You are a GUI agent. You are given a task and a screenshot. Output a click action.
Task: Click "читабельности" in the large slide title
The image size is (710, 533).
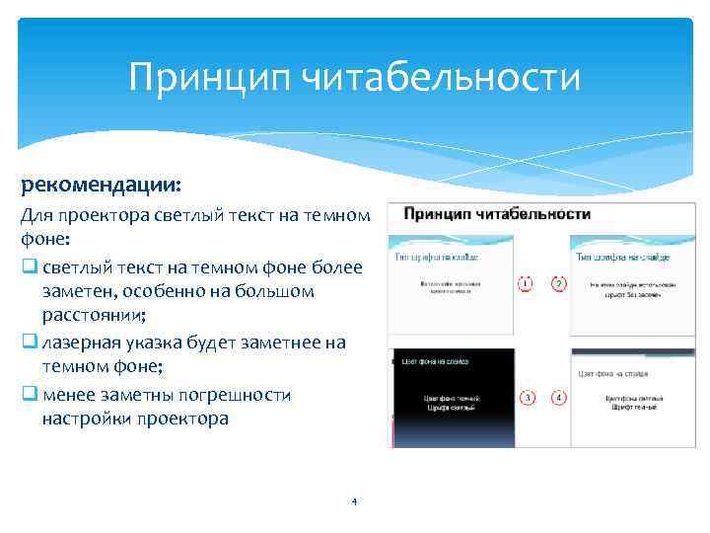tap(435, 77)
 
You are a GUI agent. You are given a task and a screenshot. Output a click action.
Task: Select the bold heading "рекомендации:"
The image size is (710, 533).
tap(91, 185)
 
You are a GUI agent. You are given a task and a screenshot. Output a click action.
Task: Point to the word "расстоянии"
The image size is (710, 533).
tap(93, 316)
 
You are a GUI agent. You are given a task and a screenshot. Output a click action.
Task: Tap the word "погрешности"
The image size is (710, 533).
tap(240, 395)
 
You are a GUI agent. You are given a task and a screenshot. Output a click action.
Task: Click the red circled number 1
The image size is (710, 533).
tap(527, 284)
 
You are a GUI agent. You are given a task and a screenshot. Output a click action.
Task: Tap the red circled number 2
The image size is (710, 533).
tap(558, 284)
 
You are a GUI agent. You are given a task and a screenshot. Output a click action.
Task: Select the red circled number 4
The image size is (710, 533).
tap(559, 398)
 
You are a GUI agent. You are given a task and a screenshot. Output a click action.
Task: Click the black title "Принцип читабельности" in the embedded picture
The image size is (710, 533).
tap(497, 213)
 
